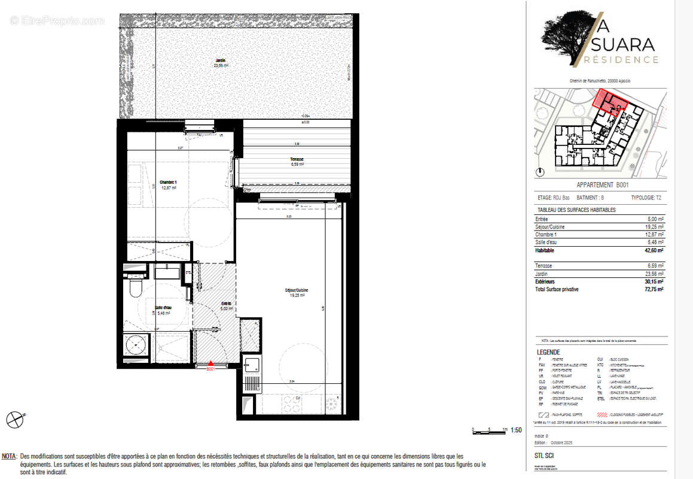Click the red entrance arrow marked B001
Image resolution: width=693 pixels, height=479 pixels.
tap(210, 364)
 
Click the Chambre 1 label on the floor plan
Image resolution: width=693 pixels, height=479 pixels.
tap(168, 183)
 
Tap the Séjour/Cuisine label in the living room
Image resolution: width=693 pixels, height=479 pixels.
tap(296, 290)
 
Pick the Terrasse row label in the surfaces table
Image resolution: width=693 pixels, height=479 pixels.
tap(545, 265)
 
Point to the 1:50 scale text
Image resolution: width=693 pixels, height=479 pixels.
tap(516, 430)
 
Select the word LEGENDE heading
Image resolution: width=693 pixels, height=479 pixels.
tap(548, 352)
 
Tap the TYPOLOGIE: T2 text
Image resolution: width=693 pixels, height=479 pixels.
tap(648, 198)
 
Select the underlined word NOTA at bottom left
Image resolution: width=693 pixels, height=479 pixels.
tap(9, 456)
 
